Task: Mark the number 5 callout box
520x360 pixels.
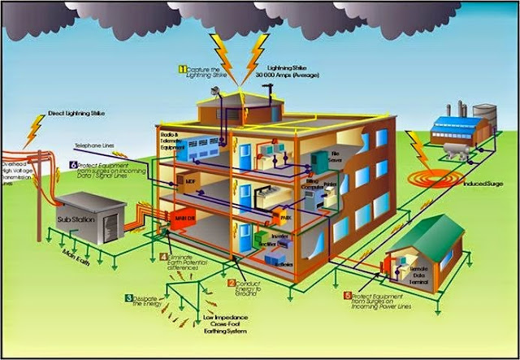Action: tap(348, 294)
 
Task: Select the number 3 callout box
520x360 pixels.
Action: tap(129, 298)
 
